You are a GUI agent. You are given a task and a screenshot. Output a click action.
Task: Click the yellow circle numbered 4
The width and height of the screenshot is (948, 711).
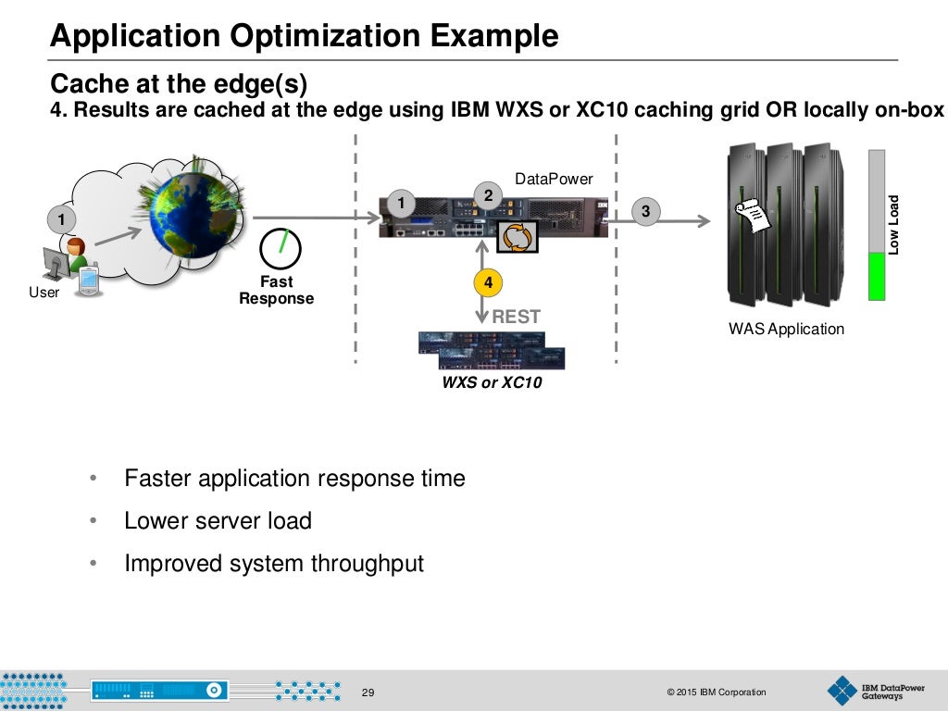[488, 281]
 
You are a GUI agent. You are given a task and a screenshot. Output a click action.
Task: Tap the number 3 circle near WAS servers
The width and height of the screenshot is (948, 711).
[645, 212]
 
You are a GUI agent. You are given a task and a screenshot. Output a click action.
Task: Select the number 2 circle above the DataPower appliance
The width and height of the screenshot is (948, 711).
[488, 194]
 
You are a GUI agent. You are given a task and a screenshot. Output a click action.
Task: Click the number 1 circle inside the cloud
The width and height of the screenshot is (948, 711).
[61, 219]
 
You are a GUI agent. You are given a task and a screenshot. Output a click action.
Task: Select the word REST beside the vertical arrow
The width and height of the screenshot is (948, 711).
[516, 317]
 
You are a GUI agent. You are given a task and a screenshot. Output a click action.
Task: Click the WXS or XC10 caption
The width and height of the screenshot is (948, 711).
[492, 382]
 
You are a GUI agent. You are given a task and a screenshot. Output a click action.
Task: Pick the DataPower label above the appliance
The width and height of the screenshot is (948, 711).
[554, 179]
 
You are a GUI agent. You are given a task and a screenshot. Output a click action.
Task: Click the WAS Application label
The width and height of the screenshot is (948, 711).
[786, 329]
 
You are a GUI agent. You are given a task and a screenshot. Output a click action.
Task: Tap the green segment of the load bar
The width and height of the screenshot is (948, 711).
[876, 277]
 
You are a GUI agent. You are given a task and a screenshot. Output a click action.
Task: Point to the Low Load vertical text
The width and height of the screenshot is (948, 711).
[894, 224]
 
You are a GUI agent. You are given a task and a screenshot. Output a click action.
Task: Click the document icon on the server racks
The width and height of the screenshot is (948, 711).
[752, 216]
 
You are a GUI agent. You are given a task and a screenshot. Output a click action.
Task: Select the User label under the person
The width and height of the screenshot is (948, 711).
[44, 293]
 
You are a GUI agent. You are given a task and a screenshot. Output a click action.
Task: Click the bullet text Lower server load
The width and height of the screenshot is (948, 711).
[218, 520]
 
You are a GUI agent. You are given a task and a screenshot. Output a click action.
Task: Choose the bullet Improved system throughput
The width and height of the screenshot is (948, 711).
[274, 563]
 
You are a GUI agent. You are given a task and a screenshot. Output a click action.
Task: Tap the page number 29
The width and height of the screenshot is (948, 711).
[368, 692]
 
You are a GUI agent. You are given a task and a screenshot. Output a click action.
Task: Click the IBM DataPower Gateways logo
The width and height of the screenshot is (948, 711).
[866, 691]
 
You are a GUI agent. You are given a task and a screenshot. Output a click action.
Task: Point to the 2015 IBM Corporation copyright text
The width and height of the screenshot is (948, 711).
[716, 692]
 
